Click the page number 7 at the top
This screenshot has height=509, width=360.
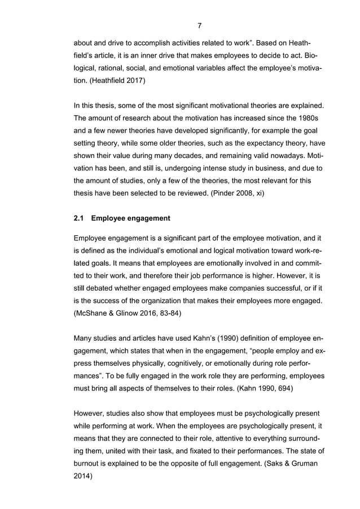coord(200,25)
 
